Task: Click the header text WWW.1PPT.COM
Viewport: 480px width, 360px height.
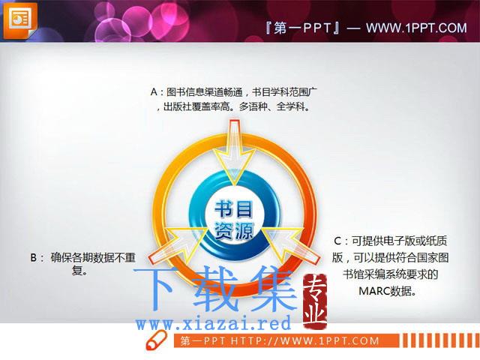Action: pos(416,28)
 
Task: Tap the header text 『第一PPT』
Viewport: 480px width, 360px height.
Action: pos(302,28)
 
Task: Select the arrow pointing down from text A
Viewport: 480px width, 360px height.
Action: pos(234,152)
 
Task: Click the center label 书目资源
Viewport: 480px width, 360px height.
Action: pos(234,220)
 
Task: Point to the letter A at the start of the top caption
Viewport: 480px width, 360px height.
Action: pos(154,91)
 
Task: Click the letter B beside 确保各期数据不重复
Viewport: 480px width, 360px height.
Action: pos(33,258)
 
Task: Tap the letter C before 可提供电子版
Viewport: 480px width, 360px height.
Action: pos(337,241)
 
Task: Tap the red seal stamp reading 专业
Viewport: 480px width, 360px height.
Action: pos(315,301)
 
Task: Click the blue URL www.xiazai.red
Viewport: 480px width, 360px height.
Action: pos(213,323)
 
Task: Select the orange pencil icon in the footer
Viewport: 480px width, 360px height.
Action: pos(156,340)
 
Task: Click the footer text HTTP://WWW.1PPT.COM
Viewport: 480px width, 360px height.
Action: pos(304,340)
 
